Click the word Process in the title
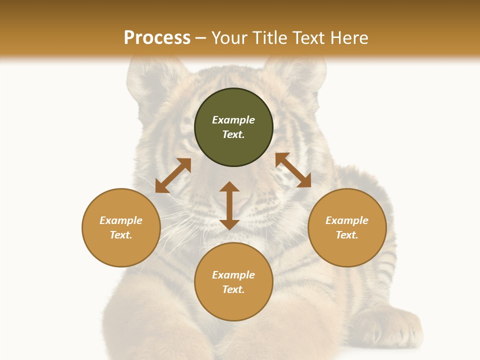157,38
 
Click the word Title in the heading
269,38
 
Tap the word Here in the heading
348,38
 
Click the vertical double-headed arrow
229,205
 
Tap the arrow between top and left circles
173,175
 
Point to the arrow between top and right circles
293,170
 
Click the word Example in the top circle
233,120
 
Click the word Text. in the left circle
121,235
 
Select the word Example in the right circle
347,220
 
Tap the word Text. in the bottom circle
233,289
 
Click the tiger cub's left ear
150,80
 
